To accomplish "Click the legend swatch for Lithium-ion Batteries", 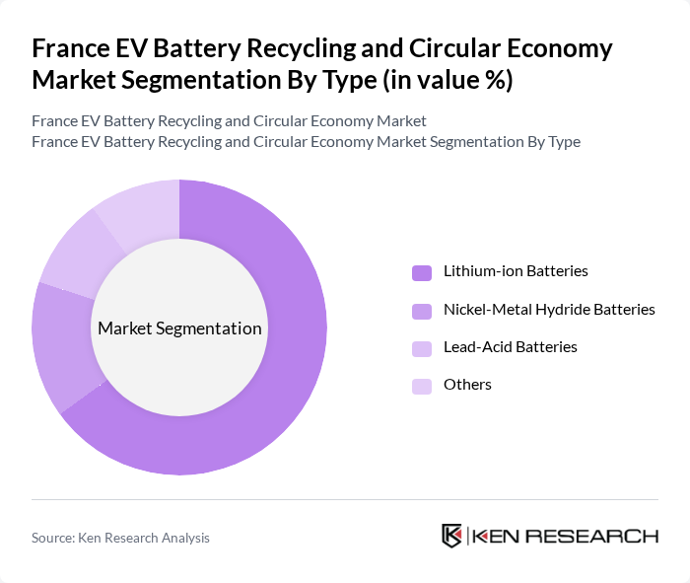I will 422,272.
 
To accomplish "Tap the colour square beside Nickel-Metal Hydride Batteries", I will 422,311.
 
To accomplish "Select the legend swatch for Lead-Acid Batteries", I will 422,348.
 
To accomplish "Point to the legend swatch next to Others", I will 422,386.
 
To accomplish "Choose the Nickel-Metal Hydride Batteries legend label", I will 549,310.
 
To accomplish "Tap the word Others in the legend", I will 467,385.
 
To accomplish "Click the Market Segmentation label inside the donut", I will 179,328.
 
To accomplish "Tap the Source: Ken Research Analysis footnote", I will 120,538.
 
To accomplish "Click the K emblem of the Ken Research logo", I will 452,536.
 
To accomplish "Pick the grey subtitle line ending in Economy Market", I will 229,121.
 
